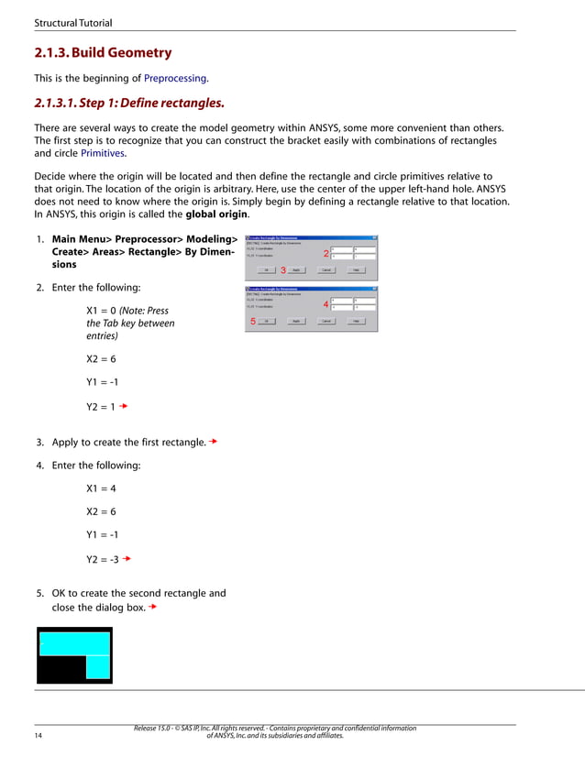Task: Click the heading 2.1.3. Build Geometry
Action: [102, 53]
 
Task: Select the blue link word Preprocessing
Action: [176, 78]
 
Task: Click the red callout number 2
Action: [326, 252]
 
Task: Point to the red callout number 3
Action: [283, 270]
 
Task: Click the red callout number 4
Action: [326, 304]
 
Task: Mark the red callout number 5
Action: [253, 322]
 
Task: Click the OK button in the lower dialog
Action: [266, 322]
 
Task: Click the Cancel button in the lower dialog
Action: [326, 322]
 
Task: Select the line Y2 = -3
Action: [103, 558]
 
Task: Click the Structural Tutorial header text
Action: [72, 21]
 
